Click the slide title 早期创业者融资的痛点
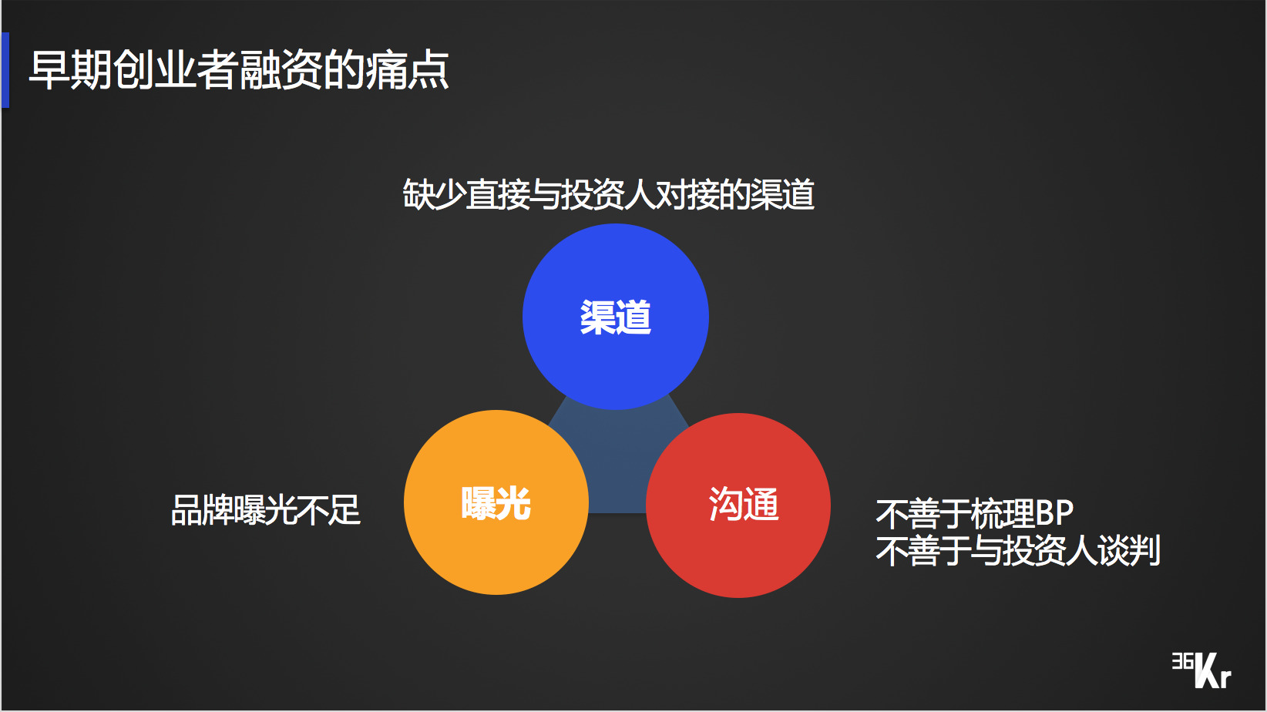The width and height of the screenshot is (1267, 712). pyautogui.click(x=239, y=70)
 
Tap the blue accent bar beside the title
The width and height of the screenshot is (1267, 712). pyautogui.click(x=5, y=70)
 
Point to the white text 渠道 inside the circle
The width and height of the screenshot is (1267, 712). pyautogui.click(x=615, y=317)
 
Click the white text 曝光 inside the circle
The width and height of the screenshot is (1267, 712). pyautogui.click(x=496, y=504)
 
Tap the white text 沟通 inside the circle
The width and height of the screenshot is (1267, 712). pyautogui.click(x=744, y=505)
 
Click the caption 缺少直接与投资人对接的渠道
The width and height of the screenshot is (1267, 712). pyautogui.click(x=608, y=194)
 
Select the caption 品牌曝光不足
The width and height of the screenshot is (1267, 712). pyautogui.click(x=266, y=510)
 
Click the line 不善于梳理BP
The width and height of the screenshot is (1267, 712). pyautogui.click(x=974, y=513)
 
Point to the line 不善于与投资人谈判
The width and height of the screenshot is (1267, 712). pyautogui.click(x=1017, y=551)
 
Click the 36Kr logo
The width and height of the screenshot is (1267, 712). pyautogui.click(x=1201, y=670)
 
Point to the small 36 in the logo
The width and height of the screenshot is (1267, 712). pyautogui.click(x=1182, y=661)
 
